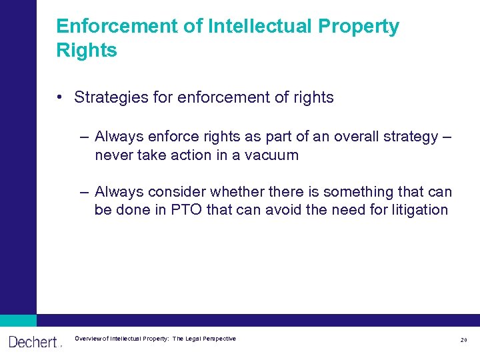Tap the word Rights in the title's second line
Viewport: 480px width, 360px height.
click(x=87, y=51)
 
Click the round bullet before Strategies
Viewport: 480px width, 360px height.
click(x=60, y=97)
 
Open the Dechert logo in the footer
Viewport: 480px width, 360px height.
click(x=33, y=342)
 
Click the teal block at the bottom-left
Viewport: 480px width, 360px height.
click(x=18, y=320)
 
